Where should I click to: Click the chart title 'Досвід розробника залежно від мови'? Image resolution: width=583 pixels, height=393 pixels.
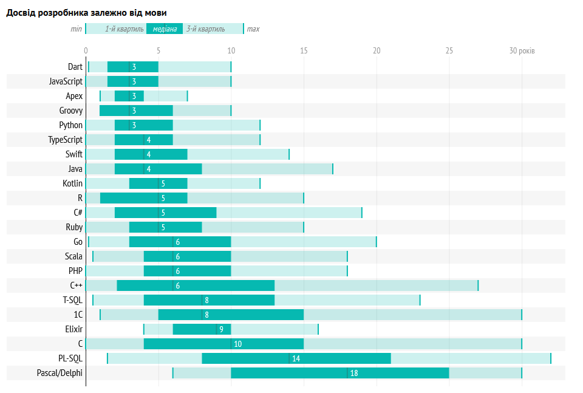(x=87, y=13)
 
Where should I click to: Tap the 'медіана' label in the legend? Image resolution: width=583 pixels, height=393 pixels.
(x=165, y=29)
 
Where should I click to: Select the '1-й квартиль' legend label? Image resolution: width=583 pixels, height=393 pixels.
(x=124, y=29)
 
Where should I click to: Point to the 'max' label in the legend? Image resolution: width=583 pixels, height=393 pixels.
(x=253, y=29)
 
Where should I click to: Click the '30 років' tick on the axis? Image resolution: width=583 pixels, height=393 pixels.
(x=522, y=50)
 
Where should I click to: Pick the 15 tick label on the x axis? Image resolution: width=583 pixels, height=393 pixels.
(x=304, y=50)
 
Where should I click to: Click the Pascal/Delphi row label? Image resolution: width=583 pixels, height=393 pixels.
(x=60, y=373)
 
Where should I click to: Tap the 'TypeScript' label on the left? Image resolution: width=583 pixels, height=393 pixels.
(x=65, y=140)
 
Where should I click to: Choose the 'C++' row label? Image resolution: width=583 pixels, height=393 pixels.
(x=76, y=285)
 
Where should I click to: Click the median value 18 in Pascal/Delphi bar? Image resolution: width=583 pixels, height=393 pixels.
(x=354, y=373)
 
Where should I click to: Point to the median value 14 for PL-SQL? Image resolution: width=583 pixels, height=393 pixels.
(x=296, y=358)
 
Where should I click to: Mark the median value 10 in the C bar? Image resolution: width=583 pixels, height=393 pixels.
(x=237, y=344)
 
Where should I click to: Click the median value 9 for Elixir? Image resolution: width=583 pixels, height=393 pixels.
(x=221, y=329)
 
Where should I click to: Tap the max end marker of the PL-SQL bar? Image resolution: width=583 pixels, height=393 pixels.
(x=551, y=358)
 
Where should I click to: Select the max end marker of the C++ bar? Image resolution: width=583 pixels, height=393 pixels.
(x=478, y=285)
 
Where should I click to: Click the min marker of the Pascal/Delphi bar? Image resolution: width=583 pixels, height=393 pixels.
(x=173, y=373)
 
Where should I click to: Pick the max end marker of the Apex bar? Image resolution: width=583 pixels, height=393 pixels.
(x=188, y=96)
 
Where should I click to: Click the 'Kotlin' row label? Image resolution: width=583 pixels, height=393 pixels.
(x=72, y=183)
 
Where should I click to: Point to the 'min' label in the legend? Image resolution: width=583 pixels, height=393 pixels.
(x=76, y=29)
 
